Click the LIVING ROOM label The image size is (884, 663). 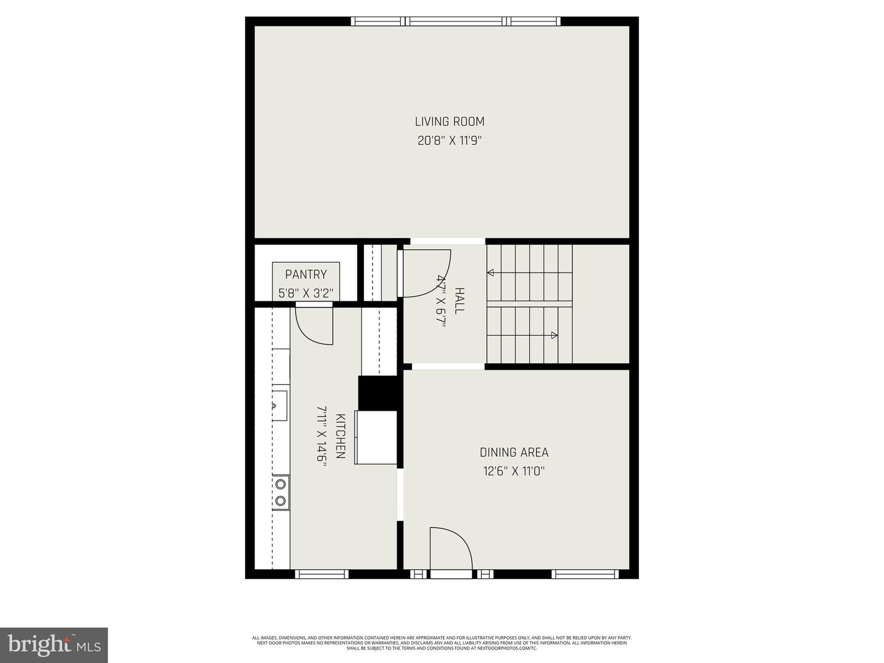click(x=449, y=122)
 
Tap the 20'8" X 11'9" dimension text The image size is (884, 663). click(x=449, y=141)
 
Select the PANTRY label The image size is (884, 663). click(x=306, y=274)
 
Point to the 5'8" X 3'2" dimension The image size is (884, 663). click(x=306, y=293)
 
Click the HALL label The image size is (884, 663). click(x=459, y=300)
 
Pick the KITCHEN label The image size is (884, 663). click(x=340, y=436)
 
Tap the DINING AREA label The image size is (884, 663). click(x=514, y=452)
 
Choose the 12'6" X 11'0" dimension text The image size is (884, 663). click(x=514, y=471)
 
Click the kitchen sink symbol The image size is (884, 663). click(x=279, y=405)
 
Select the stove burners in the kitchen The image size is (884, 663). click(x=281, y=493)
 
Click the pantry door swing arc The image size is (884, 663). click(x=314, y=325)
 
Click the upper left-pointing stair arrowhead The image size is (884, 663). click(x=490, y=273)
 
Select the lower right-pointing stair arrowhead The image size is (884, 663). click(x=554, y=335)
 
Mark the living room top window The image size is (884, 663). click(x=456, y=21)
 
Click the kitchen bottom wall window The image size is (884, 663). click(x=322, y=574)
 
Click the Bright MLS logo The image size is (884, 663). click(x=54, y=645)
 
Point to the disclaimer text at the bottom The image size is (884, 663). click(x=441, y=643)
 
